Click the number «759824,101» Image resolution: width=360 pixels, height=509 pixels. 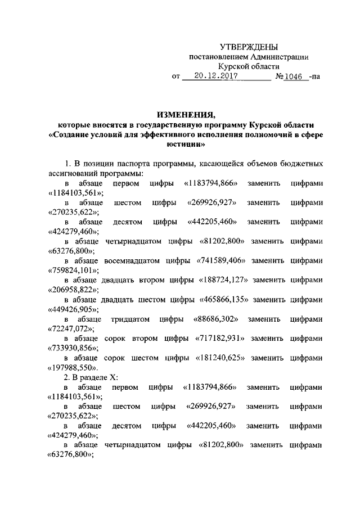70,270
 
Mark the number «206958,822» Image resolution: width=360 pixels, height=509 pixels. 70,290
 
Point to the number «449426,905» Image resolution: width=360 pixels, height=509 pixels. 70,309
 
